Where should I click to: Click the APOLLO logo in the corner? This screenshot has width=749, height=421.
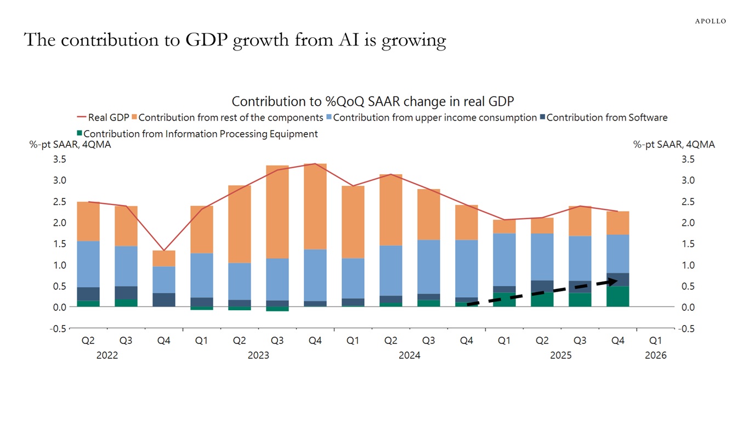(x=710, y=21)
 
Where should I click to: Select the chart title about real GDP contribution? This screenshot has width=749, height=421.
(x=372, y=101)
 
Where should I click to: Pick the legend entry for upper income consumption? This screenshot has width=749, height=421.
(x=434, y=117)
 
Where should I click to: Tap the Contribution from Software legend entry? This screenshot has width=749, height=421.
(x=606, y=117)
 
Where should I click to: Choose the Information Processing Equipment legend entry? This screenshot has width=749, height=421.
(x=200, y=134)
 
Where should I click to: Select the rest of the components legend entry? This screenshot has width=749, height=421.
(x=230, y=117)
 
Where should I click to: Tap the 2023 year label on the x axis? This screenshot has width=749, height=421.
(x=258, y=355)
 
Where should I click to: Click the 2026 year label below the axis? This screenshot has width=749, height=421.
(x=655, y=355)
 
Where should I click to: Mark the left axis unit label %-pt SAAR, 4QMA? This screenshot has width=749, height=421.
(x=70, y=145)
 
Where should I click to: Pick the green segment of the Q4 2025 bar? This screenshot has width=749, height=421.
(x=617, y=296)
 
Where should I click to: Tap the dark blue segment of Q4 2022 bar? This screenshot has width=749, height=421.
(x=163, y=299)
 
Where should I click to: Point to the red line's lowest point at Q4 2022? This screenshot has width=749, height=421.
(x=163, y=250)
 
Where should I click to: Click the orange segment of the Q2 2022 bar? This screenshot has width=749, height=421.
(x=88, y=221)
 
